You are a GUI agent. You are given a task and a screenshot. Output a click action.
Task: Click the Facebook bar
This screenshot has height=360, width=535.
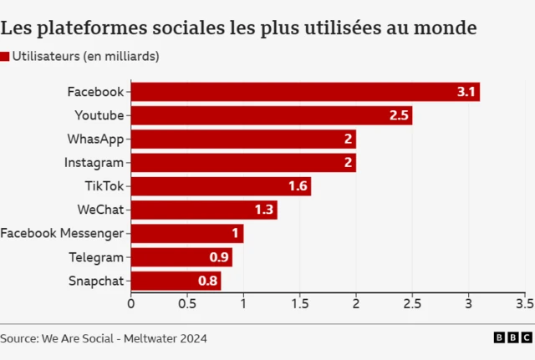tap(305, 92)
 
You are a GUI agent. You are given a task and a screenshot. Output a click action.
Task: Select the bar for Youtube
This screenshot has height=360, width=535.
tap(272, 115)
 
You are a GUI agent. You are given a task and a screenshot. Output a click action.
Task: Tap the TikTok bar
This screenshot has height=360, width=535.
tap(221, 186)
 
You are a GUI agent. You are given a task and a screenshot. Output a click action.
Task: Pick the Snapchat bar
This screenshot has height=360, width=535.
tap(176, 281)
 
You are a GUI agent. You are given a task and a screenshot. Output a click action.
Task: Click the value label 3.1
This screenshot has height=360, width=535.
tap(466, 92)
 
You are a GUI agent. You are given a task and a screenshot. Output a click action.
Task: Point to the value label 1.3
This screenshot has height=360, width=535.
tap(264, 210)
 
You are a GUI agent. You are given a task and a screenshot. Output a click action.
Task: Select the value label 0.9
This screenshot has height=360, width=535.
tap(219, 257)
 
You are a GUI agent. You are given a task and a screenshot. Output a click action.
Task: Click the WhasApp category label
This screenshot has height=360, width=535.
tap(95, 139)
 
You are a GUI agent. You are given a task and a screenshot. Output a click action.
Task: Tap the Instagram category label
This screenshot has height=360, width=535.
tap(94, 163)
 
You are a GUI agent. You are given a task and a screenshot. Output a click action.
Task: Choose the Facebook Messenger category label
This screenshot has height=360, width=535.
tap(62, 234)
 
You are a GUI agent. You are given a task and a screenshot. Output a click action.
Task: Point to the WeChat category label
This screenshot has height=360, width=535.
tap(100, 210)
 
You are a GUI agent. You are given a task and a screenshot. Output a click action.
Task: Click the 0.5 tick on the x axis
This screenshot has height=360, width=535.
tap(186, 303)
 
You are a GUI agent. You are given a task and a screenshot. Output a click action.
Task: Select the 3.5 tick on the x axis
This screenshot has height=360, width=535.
tap(524, 303)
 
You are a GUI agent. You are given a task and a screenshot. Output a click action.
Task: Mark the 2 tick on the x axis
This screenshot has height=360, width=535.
tap(356, 303)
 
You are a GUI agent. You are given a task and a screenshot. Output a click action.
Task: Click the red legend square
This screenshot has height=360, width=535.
tap(5, 57)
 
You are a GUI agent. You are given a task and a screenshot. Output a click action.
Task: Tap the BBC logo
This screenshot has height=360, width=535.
tap(512, 337)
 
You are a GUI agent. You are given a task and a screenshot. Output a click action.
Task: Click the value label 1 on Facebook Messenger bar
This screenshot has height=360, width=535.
tap(236, 234)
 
